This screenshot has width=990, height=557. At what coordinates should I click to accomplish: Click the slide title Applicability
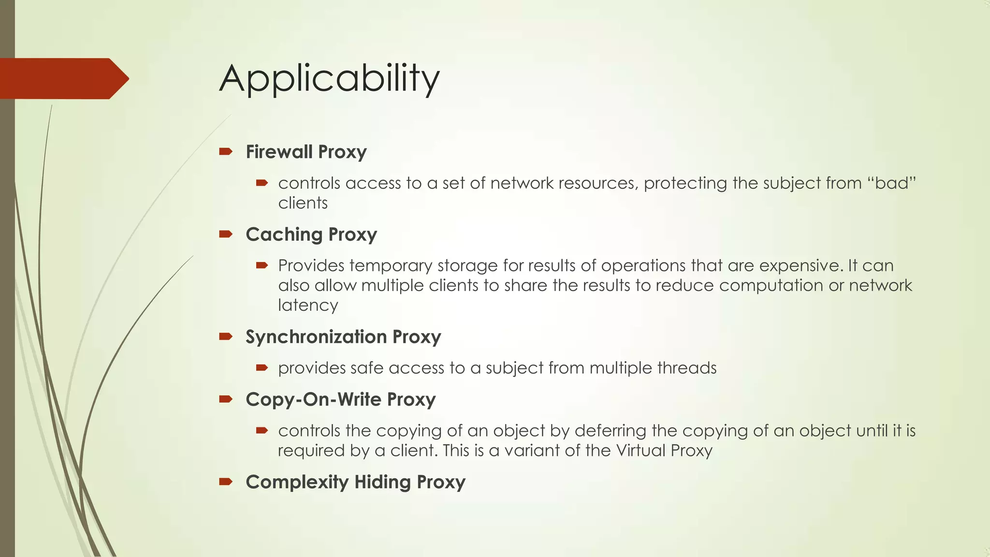coord(329,78)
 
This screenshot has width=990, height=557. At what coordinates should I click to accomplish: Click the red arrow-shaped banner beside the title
coord(63,78)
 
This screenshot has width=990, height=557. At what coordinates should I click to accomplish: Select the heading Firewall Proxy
coord(306,152)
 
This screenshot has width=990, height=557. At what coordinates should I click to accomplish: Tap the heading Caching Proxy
coord(311,235)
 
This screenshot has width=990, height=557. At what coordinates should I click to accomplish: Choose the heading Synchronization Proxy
coord(343,337)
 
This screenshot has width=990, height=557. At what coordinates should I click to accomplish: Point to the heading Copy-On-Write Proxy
coord(340,400)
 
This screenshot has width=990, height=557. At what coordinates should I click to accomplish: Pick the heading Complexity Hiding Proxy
coord(355,483)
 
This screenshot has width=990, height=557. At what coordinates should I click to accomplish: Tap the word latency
coord(308,306)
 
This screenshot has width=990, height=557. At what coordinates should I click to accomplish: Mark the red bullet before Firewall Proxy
coord(226,152)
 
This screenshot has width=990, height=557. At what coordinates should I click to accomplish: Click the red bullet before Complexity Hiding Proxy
coord(226,482)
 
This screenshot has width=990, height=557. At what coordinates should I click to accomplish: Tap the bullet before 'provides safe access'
coord(262,368)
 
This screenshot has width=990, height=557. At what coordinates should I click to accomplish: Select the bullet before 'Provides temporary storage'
coord(262,265)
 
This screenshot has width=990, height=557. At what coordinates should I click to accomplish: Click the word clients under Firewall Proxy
coord(303,203)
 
